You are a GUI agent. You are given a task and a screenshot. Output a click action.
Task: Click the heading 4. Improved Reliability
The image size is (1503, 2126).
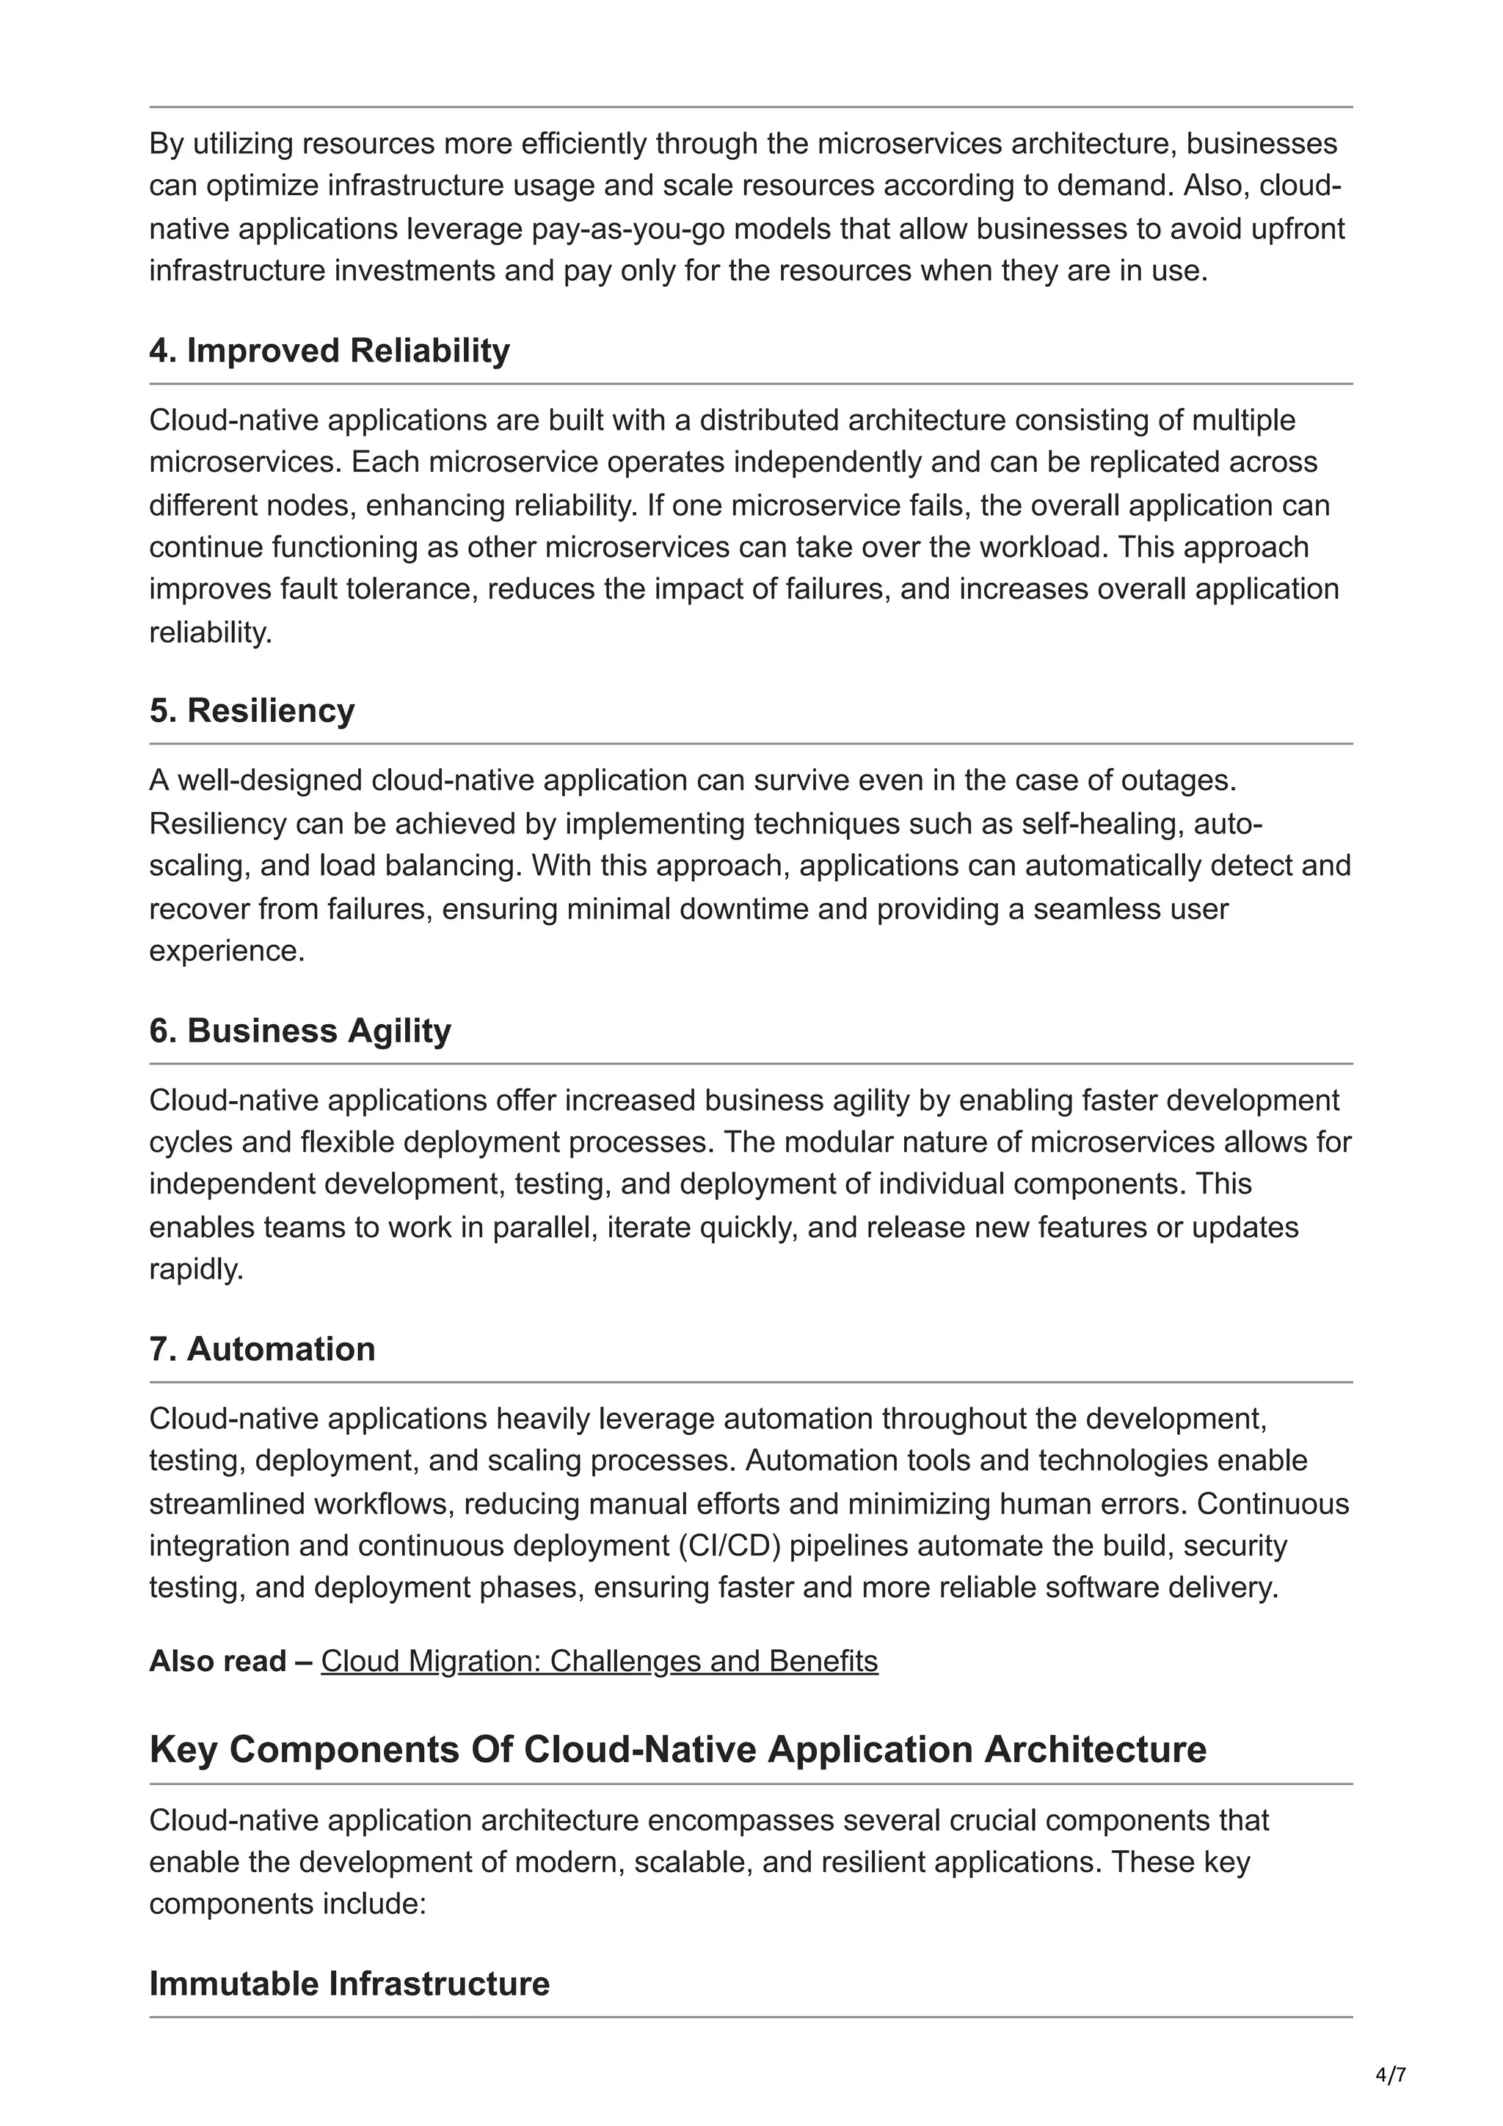pyautogui.click(x=329, y=351)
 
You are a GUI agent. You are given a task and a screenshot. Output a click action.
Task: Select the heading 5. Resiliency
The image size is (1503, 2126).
pyautogui.click(x=252, y=710)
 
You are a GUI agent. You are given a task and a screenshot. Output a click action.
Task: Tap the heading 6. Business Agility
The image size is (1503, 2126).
pyautogui.click(x=300, y=1031)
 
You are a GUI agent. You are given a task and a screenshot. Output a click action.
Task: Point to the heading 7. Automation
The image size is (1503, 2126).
pyautogui.click(x=262, y=1349)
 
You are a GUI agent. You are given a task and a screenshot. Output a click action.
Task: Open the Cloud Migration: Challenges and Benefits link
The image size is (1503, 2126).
pyautogui.click(x=599, y=1661)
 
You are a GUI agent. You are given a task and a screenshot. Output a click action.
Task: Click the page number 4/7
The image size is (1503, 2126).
pyautogui.click(x=1390, y=2075)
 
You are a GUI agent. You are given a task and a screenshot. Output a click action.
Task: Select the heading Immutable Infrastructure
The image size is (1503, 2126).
pyautogui.click(x=349, y=1984)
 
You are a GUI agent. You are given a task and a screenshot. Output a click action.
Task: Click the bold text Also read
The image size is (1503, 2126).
pyautogui.click(x=218, y=1661)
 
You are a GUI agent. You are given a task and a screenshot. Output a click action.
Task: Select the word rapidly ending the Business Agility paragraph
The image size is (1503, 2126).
pyautogui.click(x=195, y=1269)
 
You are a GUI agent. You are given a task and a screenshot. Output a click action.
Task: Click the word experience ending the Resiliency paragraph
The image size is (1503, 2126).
pyautogui.click(x=226, y=951)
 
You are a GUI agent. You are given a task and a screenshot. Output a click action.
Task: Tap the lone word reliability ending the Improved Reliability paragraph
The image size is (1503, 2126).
pyautogui.click(x=210, y=632)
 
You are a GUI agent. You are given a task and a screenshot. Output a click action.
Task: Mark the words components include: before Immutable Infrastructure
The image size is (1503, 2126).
pyautogui.click(x=287, y=1904)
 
